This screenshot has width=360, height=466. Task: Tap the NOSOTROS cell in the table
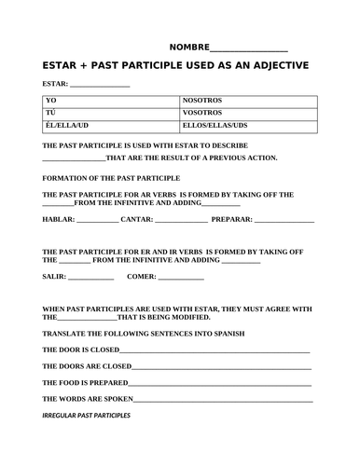tap(203, 100)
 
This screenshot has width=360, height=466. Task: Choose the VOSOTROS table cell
tap(203, 112)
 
